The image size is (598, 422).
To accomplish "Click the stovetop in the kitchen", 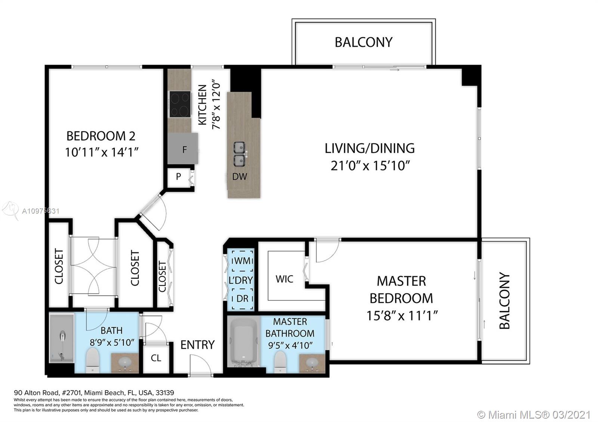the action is [181, 104].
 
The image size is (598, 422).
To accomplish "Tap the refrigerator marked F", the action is [183, 149].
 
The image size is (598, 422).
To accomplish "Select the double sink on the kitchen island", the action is [240, 154].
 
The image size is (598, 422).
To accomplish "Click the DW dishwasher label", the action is [240, 176].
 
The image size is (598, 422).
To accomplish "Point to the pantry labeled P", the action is [178, 176].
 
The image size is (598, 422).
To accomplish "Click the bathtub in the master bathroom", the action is [243, 342].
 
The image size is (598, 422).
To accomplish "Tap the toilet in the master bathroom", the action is [280, 362].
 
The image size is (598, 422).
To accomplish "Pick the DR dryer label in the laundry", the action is [242, 298].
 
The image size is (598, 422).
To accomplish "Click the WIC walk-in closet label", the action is [284, 279].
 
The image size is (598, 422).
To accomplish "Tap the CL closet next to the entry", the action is [156, 358].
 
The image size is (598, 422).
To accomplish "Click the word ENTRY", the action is [198, 345].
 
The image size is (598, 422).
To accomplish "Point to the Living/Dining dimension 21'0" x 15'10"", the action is [370, 166].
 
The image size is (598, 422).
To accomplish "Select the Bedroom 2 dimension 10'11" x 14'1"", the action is [102, 152].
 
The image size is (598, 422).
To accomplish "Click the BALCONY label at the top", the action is [364, 42].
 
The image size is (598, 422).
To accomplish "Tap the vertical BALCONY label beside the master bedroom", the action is [504, 301].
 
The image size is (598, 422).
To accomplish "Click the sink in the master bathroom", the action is [312, 363].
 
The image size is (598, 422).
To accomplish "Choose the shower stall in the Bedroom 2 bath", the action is [62, 338].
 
